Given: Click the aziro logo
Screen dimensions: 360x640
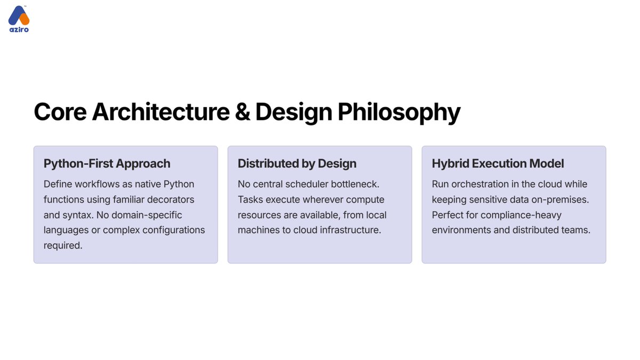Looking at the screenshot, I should click(x=19, y=19).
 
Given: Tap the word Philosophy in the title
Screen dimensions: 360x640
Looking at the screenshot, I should click(x=399, y=112).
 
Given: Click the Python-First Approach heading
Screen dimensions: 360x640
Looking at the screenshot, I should click(x=107, y=163).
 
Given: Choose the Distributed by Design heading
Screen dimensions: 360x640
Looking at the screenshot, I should click(x=297, y=163).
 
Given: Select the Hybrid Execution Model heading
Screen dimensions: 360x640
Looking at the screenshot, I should click(x=498, y=163).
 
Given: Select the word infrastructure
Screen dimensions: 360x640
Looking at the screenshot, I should click(x=348, y=230).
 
